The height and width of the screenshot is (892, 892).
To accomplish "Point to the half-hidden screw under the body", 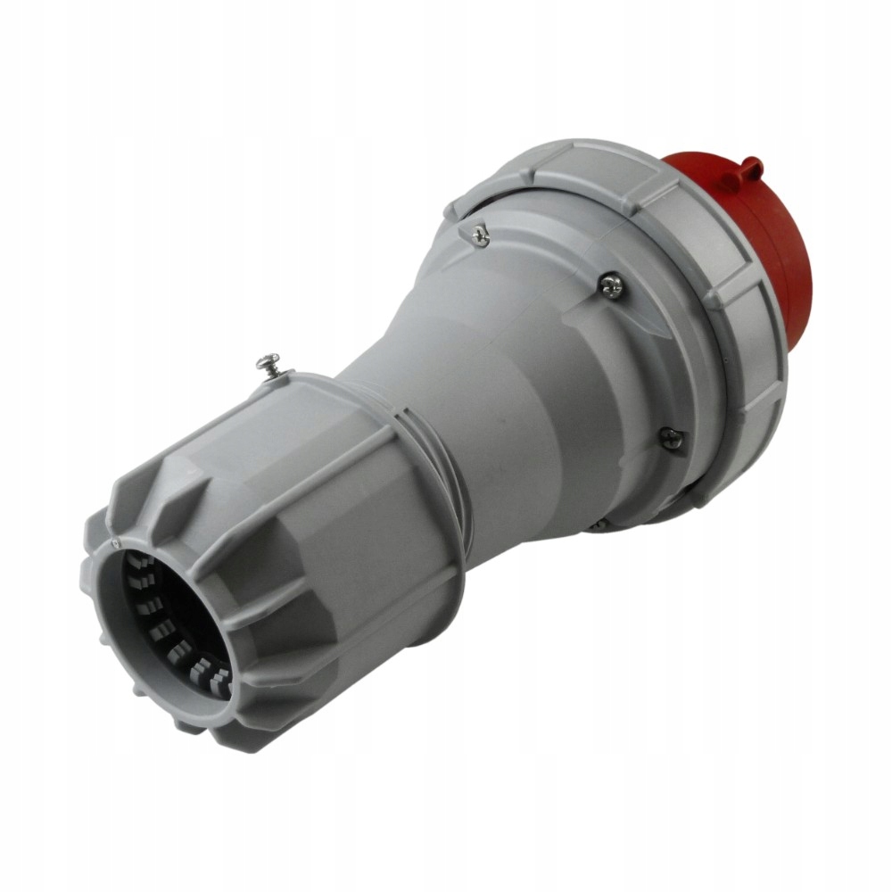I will coord(600,524).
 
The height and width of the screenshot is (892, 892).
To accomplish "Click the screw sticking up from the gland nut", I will coord(268,364).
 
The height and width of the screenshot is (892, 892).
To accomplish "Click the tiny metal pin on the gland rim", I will coord(115,541).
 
